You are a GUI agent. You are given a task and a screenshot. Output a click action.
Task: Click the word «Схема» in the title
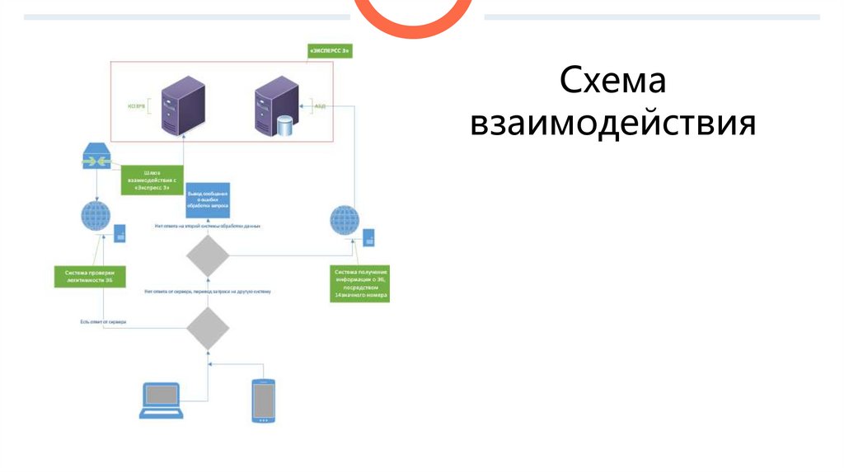pyautogui.click(x=613, y=82)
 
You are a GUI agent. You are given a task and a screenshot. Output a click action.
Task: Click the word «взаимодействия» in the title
pyautogui.click(x=613, y=124)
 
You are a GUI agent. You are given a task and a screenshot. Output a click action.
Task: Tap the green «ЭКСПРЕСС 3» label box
pyautogui.click(x=329, y=51)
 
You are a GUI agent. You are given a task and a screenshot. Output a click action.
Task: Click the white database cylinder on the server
pyautogui.click(x=285, y=126)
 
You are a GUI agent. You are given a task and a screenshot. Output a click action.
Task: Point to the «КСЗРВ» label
pyautogui.click(x=136, y=105)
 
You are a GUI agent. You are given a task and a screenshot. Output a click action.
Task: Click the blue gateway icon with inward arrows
pyautogui.click(x=97, y=157)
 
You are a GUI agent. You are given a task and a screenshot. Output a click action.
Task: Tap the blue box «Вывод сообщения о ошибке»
pyautogui.click(x=207, y=199)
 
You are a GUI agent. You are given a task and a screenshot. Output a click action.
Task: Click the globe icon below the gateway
pyautogui.click(x=97, y=218)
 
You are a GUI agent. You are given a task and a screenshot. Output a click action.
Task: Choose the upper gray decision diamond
pyautogui.click(x=207, y=256)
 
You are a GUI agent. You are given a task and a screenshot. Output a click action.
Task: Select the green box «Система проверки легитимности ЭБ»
pyautogui.click(x=90, y=277)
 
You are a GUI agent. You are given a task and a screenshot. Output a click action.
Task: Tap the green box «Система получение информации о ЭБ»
pyautogui.click(x=360, y=283)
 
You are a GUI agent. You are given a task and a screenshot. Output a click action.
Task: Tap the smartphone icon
pyautogui.click(x=263, y=400)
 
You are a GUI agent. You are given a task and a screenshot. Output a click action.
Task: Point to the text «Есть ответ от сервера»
pyautogui.click(x=102, y=321)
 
